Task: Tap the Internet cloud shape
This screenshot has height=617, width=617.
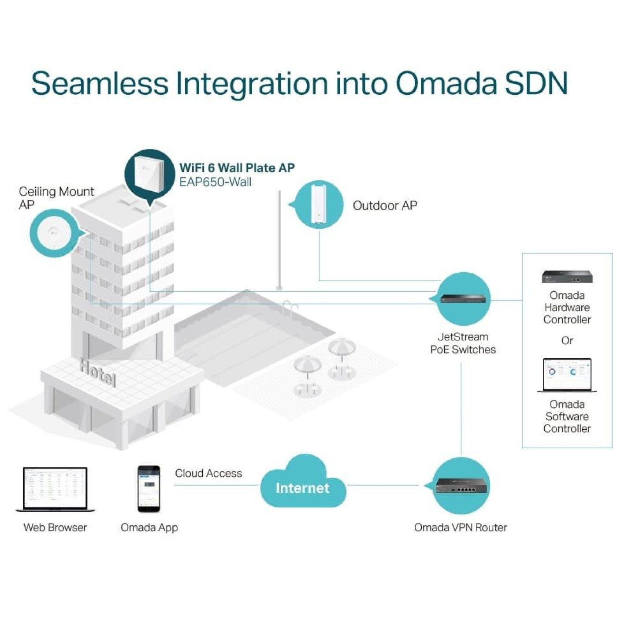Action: tap(302, 484)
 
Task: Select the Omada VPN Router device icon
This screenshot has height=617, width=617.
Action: tap(461, 486)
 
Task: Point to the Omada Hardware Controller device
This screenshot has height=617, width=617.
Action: tap(567, 277)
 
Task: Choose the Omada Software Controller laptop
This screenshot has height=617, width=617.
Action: tap(567, 375)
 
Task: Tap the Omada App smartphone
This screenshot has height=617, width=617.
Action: tap(149, 489)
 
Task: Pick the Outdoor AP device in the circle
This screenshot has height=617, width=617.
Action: tap(318, 204)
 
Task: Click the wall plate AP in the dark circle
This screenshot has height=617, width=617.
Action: tap(149, 174)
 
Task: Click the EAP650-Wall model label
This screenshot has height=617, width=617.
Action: tap(215, 182)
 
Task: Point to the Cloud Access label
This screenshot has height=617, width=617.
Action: tap(208, 473)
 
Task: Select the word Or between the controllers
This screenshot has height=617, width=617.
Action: tap(567, 341)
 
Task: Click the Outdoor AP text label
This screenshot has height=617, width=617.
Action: tap(385, 205)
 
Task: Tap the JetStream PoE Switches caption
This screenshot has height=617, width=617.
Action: tap(463, 343)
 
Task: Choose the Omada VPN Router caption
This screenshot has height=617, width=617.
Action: tap(461, 528)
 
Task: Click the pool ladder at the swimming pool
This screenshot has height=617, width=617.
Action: tap(290, 307)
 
